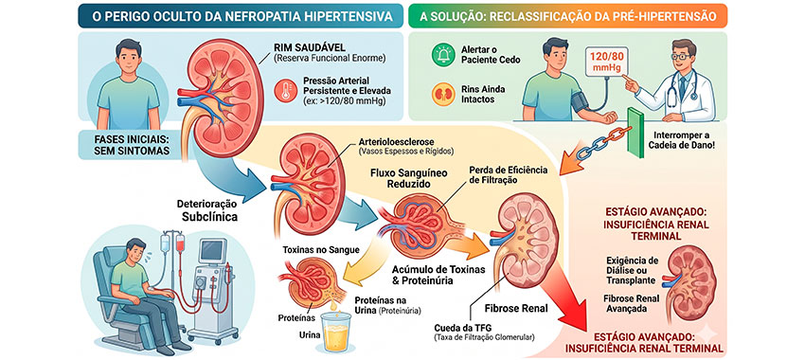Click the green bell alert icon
click(x=442, y=54)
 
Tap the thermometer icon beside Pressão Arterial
click(x=285, y=90)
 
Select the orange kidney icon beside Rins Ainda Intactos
click(x=442, y=95)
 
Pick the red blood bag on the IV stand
click(x=180, y=243)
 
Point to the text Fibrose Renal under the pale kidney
click(x=516, y=309)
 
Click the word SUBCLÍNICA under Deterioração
click(x=209, y=217)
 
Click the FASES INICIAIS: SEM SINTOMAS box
click(x=125, y=144)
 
